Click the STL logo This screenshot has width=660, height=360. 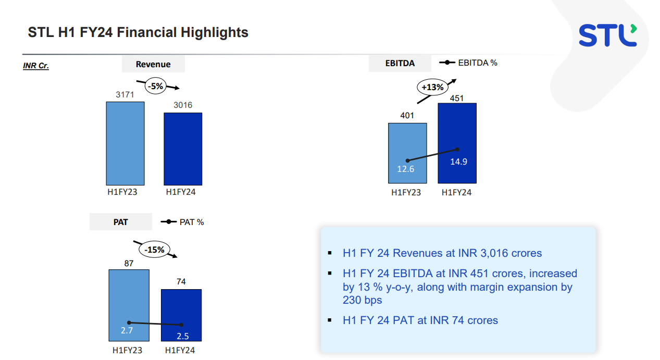point(607,35)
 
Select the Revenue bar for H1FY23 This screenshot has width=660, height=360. point(125,143)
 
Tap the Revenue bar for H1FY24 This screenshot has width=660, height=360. point(183,148)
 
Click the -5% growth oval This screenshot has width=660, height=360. point(155,86)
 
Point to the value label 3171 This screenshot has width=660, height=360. point(125,94)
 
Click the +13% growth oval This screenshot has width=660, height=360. point(432,87)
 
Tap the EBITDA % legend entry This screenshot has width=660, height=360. point(469,63)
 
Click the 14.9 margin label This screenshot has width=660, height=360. point(458,162)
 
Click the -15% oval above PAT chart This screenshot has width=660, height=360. point(155,250)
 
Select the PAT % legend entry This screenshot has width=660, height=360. point(183,222)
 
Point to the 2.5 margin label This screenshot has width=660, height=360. point(183,336)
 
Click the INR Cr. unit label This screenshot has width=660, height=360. point(36,66)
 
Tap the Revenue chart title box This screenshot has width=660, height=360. point(153,65)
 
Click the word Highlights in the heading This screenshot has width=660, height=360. point(214,32)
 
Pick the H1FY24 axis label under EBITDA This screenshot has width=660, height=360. point(456,192)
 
